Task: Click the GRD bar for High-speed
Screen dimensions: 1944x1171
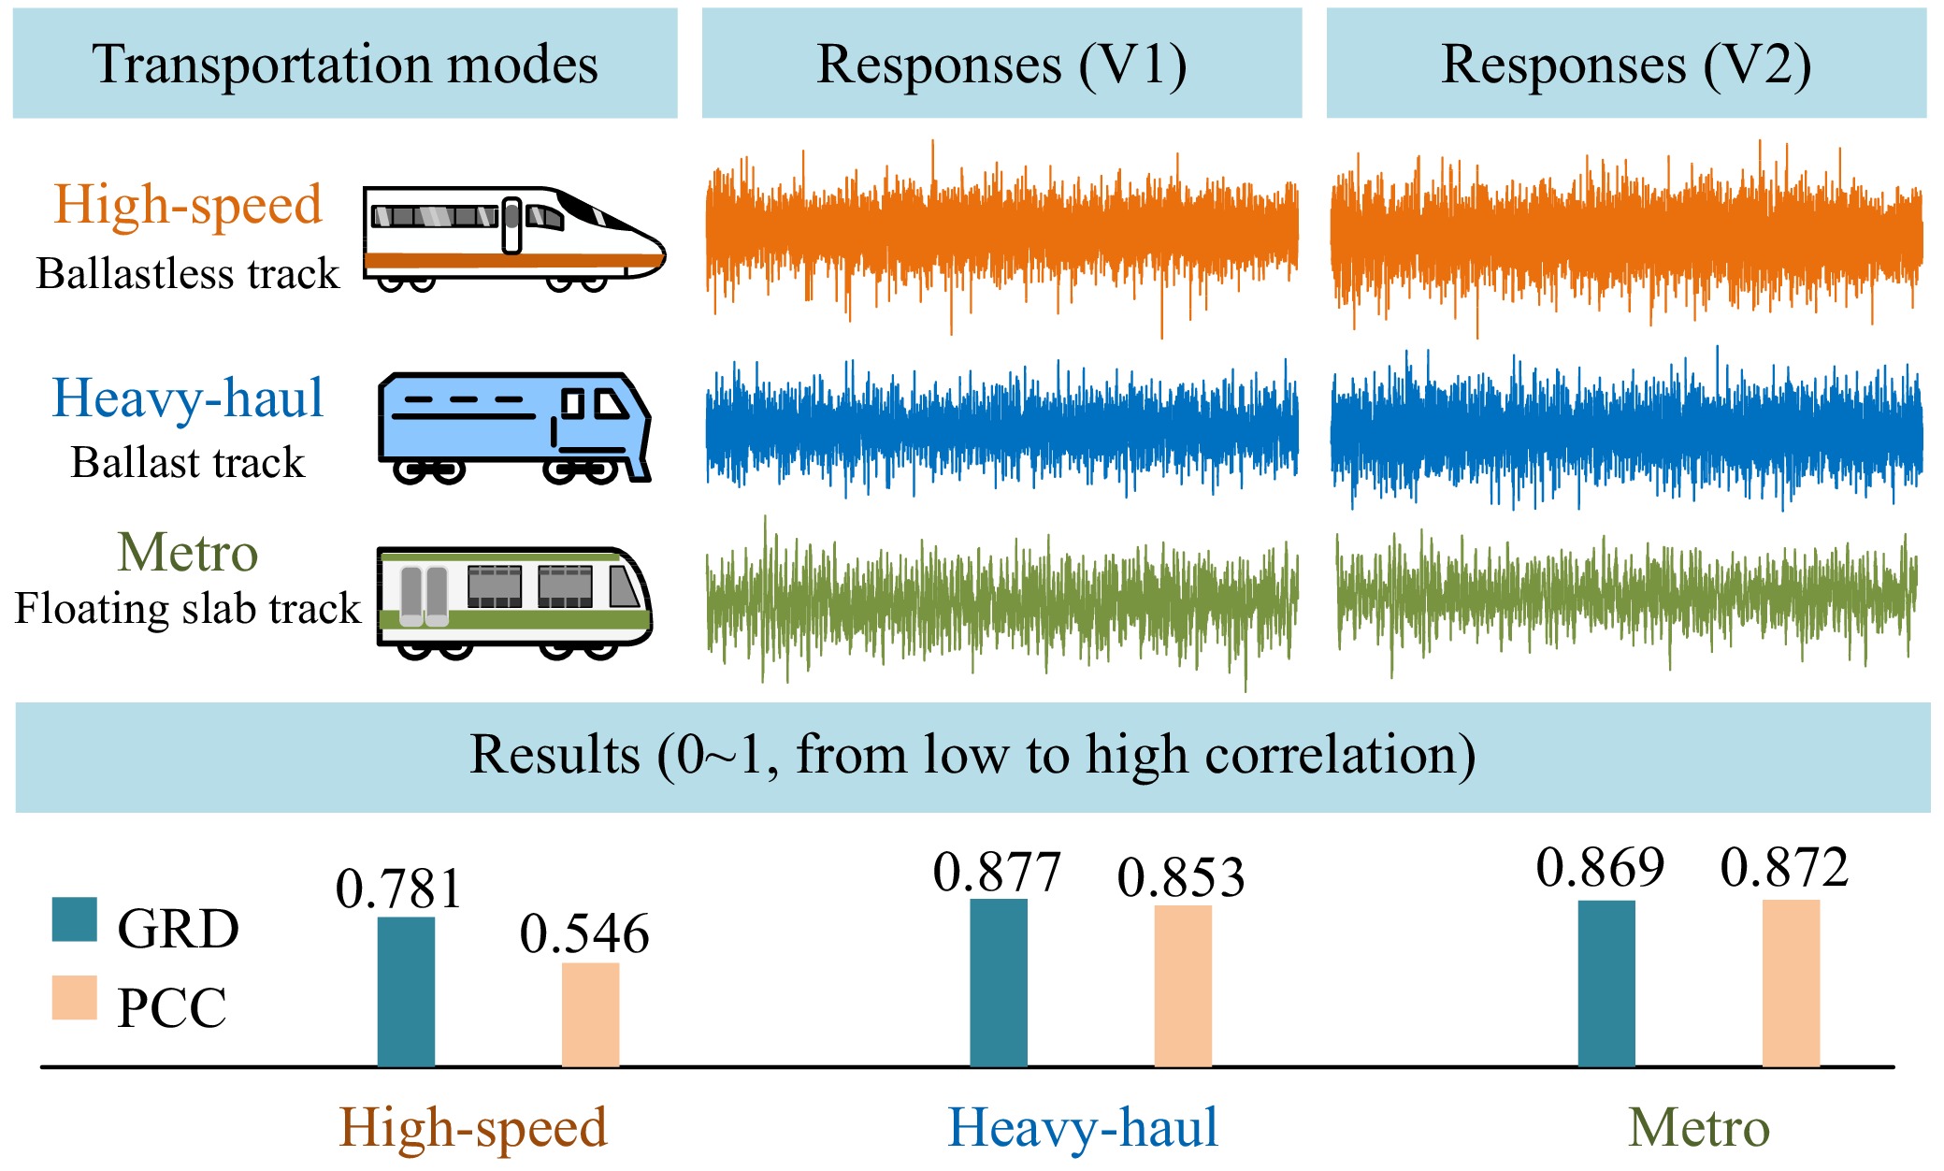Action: click(x=406, y=991)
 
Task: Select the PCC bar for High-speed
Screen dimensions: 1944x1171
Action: click(x=590, y=1015)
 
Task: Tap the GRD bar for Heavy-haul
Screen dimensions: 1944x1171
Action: click(x=999, y=983)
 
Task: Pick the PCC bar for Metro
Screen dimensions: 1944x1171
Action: click(x=1791, y=983)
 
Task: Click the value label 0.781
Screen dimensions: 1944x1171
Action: click(x=399, y=889)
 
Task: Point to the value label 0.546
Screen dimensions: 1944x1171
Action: click(x=584, y=933)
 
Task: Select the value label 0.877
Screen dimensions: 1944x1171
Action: click(x=997, y=872)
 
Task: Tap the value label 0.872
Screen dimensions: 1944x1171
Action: click(x=1785, y=867)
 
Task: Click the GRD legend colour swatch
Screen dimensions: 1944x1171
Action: click(x=74, y=919)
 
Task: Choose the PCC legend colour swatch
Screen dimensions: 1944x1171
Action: click(x=74, y=998)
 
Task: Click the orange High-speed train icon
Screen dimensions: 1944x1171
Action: click(x=514, y=239)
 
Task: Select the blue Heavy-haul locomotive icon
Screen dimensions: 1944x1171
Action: click(x=514, y=428)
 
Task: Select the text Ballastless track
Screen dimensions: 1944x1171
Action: click(x=188, y=273)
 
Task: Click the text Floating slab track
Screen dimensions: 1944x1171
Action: click(x=188, y=608)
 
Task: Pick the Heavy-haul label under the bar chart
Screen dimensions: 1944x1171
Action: click(x=1083, y=1127)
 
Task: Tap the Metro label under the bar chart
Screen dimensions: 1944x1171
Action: click(x=1699, y=1127)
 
